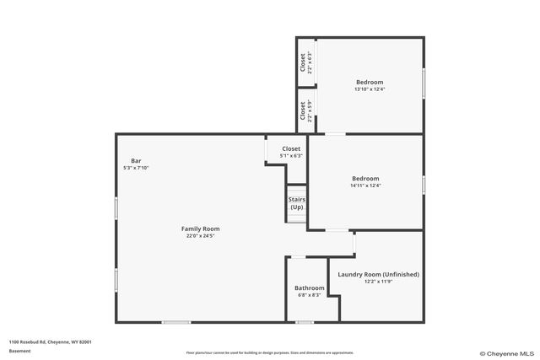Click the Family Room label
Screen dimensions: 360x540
[x=200, y=228]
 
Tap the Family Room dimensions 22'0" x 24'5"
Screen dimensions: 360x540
[x=200, y=236]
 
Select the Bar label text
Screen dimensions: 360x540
[x=136, y=161]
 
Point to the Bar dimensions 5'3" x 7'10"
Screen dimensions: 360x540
[x=136, y=168]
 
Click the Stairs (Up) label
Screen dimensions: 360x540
[x=297, y=203]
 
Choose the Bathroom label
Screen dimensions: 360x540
[x=309, y=287]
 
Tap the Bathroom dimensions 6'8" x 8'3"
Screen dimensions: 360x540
[x=309, y=295]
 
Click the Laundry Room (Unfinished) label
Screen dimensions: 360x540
[x=378, y=274]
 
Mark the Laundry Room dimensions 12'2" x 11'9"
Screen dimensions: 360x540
[x=378, y=282]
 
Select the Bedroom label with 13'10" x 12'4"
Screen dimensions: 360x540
[x=370, y=82]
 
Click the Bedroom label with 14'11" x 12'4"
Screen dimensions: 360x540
[x=365, y=178]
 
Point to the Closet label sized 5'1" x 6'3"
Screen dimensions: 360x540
[x=291, y=148]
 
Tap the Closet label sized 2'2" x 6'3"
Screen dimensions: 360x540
[x=303, y=62]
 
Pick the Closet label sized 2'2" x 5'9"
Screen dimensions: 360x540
[x=303, y=110]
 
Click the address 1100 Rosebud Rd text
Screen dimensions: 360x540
[x=50, y=341]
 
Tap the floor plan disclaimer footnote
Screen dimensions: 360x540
[x=269, y=352]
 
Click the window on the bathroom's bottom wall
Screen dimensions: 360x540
[x=305, y=322]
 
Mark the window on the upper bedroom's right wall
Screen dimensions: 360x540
[x=424, y=84]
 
